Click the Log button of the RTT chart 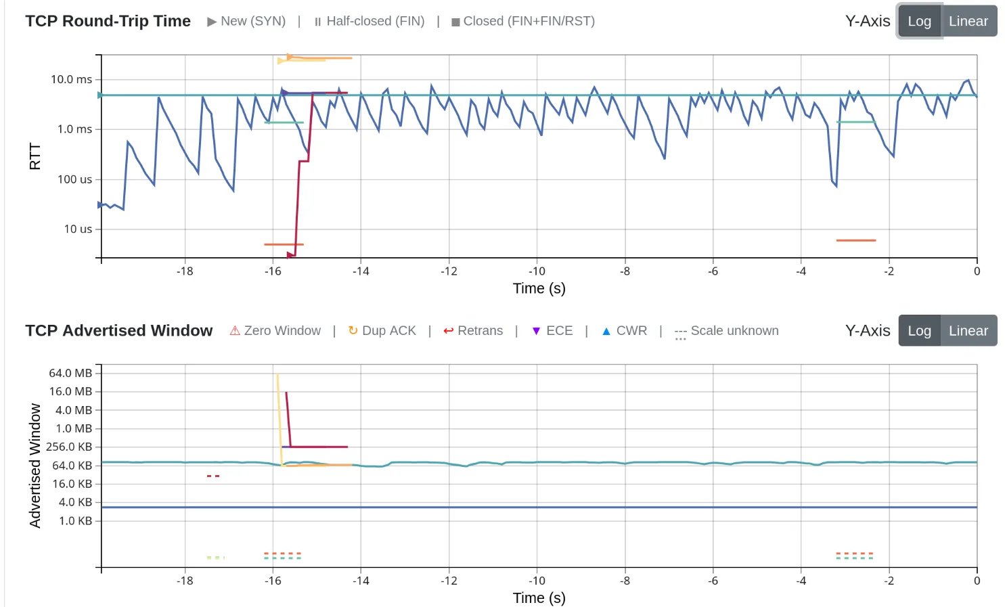tap(919, 21)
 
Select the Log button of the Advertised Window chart tap(919, 331)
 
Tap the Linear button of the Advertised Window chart tap(968, 331)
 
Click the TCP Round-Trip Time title tap(108, 21)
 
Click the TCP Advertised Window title tap(119, 331)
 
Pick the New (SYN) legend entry tap(247, 21)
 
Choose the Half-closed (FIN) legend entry tap(370, 21)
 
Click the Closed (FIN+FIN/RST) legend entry tap(523, 21)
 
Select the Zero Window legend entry tap(275, 331)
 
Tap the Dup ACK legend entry tap(382, 331)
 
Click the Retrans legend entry tap(473, 331)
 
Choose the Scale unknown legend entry tap(727, 331)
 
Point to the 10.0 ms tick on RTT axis tap(71, 79)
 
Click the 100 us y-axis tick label tap(74, 179)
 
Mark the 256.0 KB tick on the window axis tap(69, 447)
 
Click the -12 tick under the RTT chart tap(449, 271)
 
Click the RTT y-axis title tap(35, 156)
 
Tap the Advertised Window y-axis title tap(35, 466)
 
